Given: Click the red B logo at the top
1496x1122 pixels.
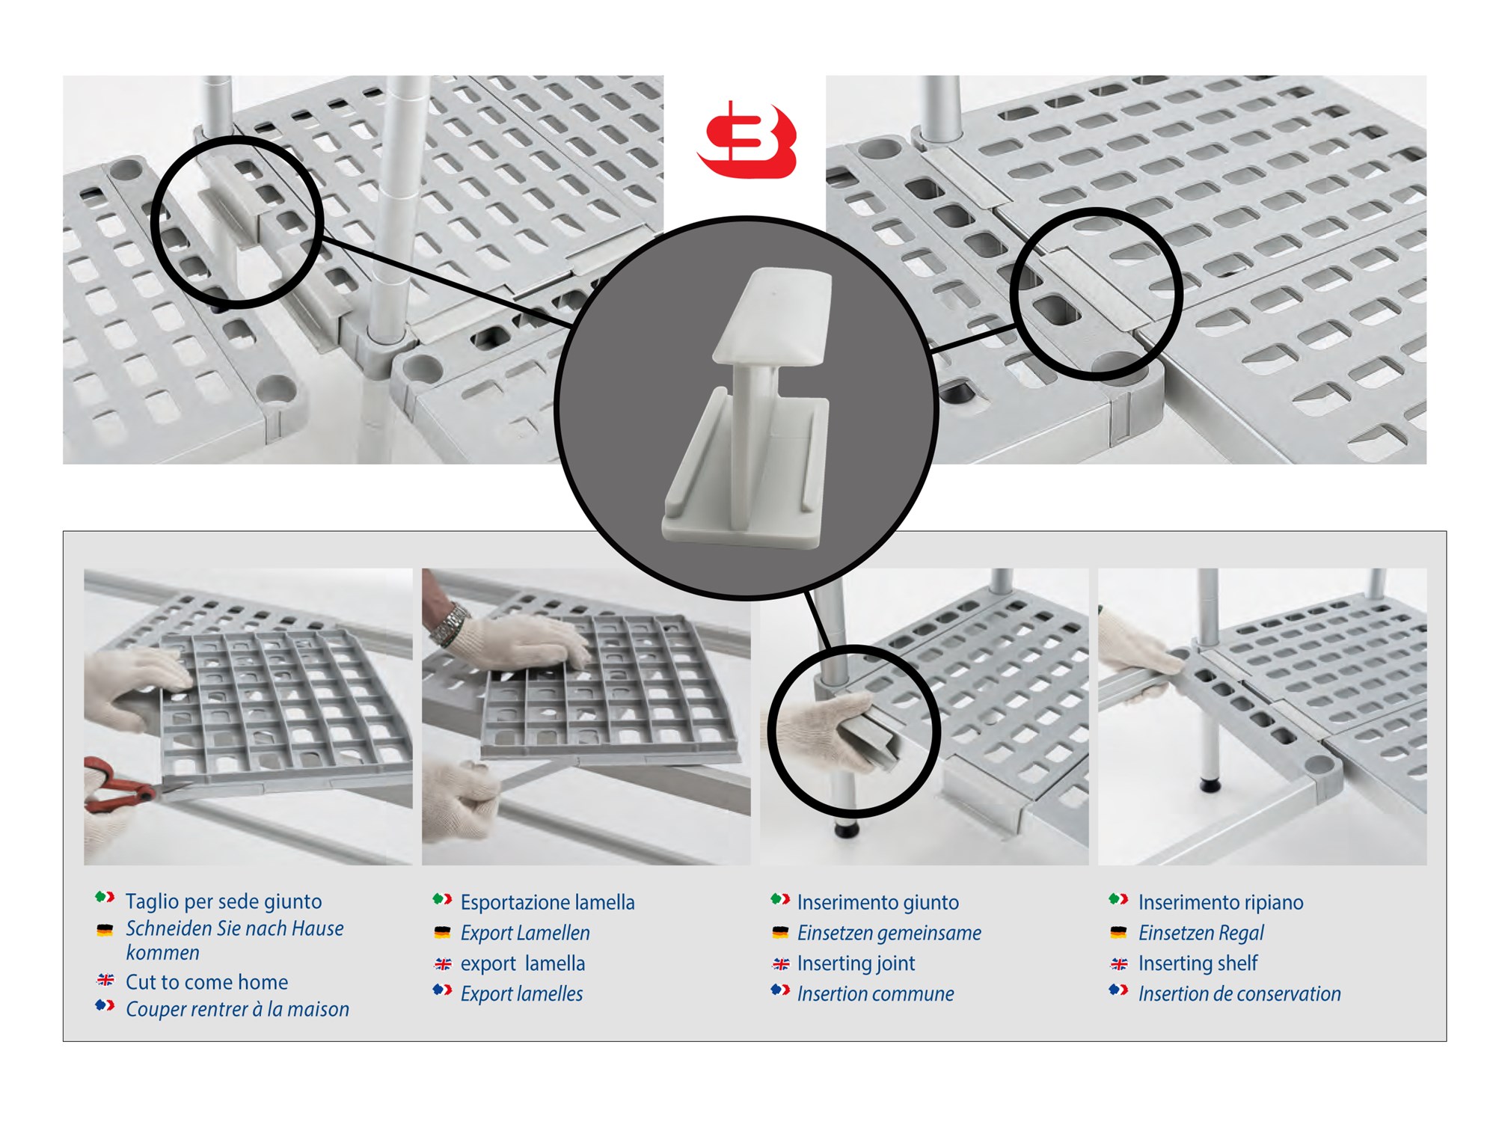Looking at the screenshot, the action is click(x=747, y=140).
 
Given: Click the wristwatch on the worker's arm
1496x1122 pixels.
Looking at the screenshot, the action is click(x=449, y=625).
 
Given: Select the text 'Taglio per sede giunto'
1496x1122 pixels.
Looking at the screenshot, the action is click(x=224, y=901).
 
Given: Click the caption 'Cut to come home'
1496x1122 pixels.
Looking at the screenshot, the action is click(x=206, y=982).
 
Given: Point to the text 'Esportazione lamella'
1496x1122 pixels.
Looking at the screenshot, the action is click(x=548, y=902).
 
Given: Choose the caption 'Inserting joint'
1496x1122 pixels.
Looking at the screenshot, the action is click(x=856, y=963).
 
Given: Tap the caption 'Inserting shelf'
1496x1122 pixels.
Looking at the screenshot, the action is click(x=1198, y=963).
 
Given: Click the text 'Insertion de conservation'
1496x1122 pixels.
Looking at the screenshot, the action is click(x=1239, y=994).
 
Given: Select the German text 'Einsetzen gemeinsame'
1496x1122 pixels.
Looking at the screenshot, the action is click(x=889, y=933).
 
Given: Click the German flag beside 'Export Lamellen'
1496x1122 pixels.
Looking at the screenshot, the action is click(x=442, y=933).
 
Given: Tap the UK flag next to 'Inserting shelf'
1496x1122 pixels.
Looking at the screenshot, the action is click(x=1119, y=964).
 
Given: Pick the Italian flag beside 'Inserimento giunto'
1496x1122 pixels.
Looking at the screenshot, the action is click(x=780, y=899).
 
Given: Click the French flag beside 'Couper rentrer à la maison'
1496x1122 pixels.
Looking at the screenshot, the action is click(x=105, y=1006).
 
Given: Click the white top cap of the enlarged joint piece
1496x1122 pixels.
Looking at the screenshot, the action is click(x=772, y=316).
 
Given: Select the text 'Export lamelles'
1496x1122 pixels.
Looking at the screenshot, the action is click(x=521, y=994).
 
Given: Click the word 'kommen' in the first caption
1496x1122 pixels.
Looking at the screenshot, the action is click(x=162, y=953).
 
